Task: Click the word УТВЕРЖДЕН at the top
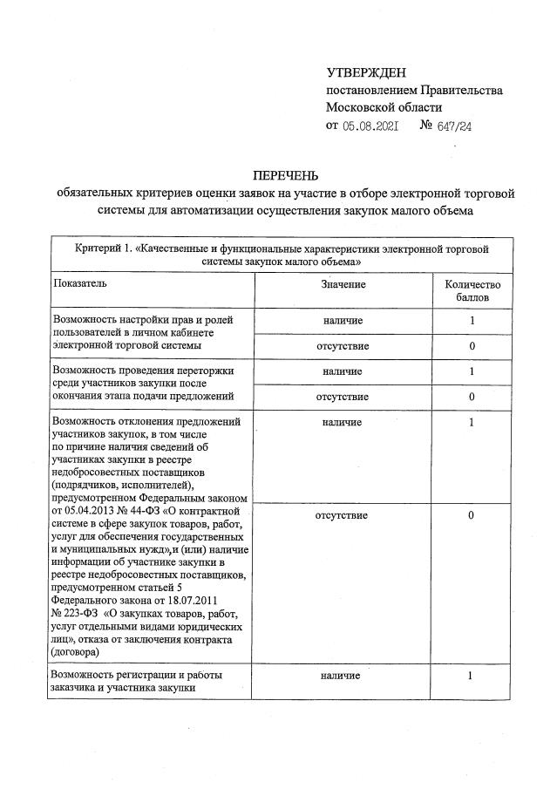(366, 71)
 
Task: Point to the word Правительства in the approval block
(461, 90)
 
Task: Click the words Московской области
(384, 108)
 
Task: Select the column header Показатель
(81, 284)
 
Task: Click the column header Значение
(342, 284)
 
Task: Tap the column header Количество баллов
(472, 290)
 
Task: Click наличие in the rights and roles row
(342, 321)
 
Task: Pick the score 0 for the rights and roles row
(472, 346)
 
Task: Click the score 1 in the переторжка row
(472, 371)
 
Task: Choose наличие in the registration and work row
(342, 676)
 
